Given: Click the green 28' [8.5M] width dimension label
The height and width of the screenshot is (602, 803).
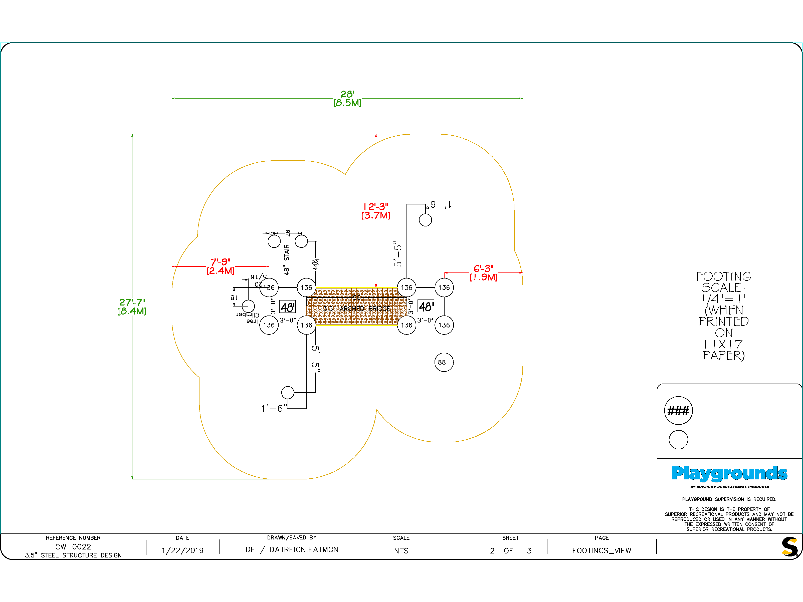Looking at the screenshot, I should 347,99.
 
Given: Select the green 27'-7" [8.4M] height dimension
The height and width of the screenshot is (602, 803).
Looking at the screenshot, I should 132,307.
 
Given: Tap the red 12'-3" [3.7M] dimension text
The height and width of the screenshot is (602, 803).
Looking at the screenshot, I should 376,211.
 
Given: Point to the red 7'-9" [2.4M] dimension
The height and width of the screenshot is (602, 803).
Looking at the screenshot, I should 220,266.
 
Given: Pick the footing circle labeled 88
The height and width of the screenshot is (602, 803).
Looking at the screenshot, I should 444,362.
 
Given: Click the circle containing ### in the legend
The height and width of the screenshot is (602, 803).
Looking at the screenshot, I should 678,411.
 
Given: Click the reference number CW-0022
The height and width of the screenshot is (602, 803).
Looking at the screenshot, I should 73,546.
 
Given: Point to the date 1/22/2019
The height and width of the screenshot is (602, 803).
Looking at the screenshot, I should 182,550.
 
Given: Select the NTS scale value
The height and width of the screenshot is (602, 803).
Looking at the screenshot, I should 401,551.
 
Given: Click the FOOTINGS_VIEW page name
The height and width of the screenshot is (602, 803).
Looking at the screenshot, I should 601,550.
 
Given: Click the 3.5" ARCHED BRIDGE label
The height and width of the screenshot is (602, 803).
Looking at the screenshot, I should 357,309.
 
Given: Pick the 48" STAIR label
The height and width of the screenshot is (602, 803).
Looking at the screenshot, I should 287,260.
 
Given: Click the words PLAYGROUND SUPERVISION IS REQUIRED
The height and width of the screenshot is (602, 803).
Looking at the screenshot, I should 729,499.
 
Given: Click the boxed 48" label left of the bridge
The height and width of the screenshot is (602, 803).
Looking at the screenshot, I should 288,307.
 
